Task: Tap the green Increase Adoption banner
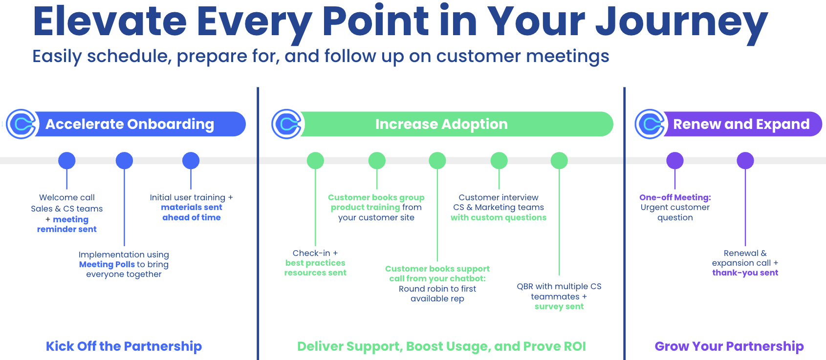(x=441, y=124)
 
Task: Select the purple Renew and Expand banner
(x=741, y=124)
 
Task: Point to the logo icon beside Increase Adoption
(x=287, y=124)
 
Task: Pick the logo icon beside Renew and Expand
(x=651, y=124)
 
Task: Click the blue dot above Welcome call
(x=67, y=161)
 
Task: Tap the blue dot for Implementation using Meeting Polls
(x=124, y=161)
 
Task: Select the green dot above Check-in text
(x=315, y=161)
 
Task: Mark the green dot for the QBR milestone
(x=559, y=161)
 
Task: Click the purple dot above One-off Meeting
(x=675, y=161)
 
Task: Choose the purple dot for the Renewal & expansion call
(x=745, y=161)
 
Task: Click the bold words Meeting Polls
(x=107, y=264)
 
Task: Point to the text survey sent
(x=559, y=306)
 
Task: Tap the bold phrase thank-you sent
(x=745, y=273)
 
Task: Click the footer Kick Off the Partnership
(x=124, y=346)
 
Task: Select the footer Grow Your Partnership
(x=729, y=346)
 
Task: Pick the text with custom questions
(x=499, y=217)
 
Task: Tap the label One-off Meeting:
(x=675, y=197)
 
